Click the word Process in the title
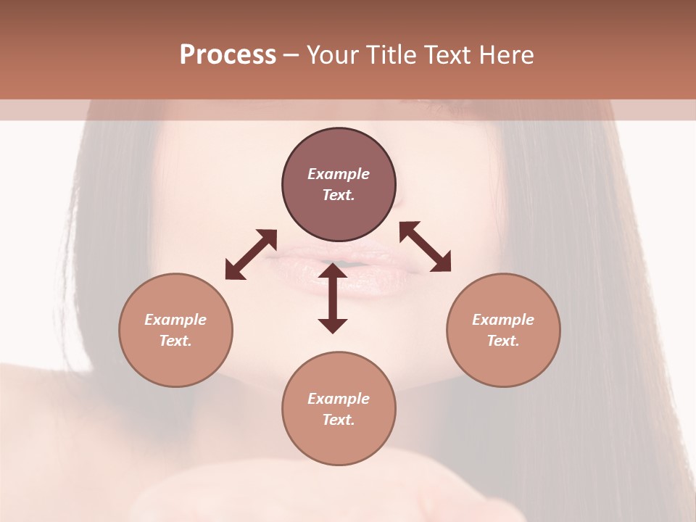tap(228, 55)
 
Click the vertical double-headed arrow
tap(333, 298)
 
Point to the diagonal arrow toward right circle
tap(425, 246)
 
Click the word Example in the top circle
tap(339, 174)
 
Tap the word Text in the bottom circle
tap(339, 420)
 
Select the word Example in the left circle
tap(175, 320)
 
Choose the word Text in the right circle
tap(503, 341)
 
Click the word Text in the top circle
tap(339, 195)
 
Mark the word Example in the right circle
tap(503, 320)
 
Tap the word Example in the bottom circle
tap(339, 399)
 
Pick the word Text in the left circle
tap(175, 341)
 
